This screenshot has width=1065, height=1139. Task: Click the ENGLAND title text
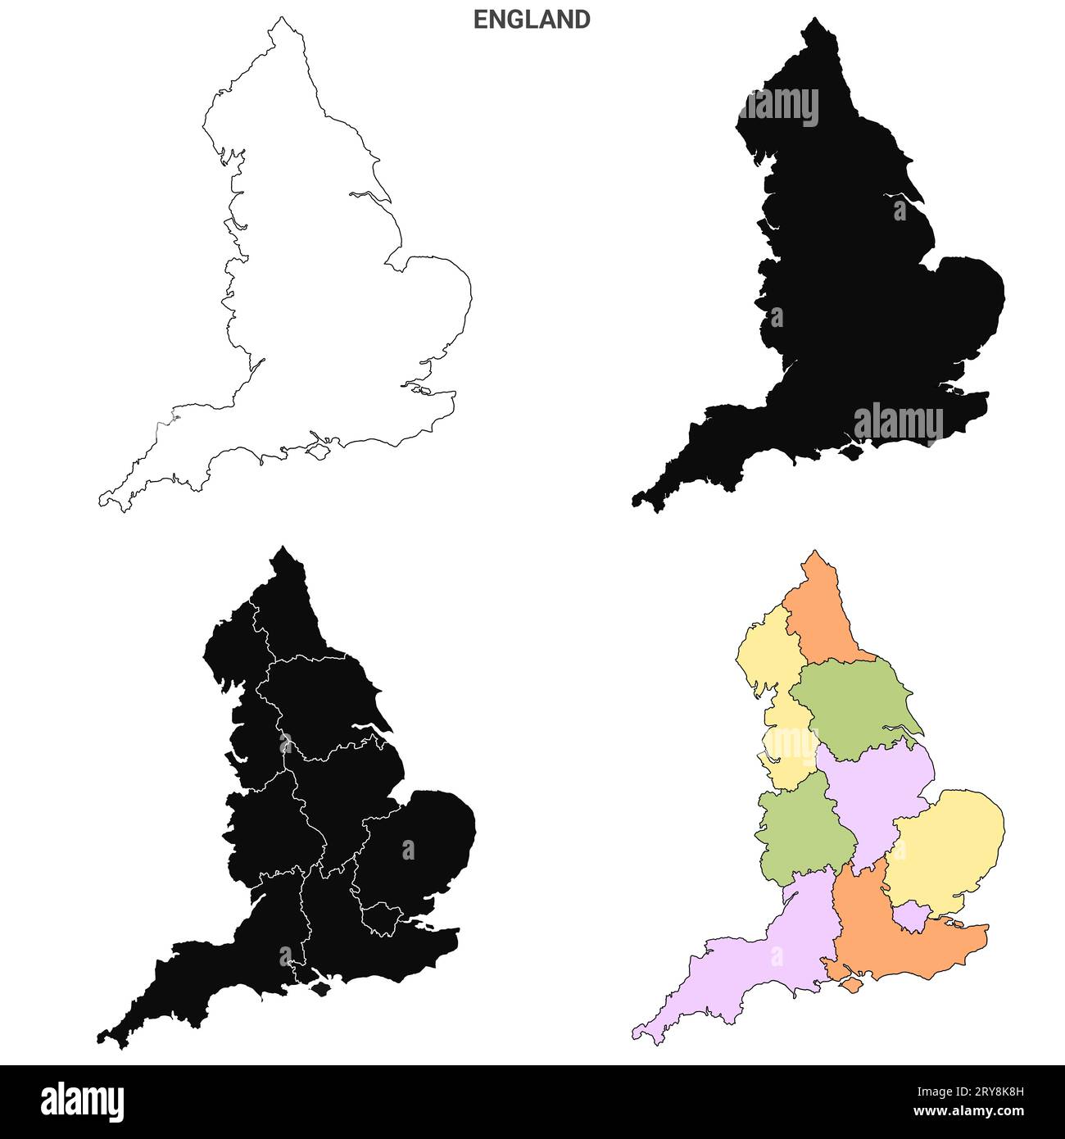(532, 20)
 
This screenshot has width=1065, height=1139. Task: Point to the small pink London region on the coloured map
(909, 915)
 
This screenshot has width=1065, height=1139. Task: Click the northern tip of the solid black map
(812, 21)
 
